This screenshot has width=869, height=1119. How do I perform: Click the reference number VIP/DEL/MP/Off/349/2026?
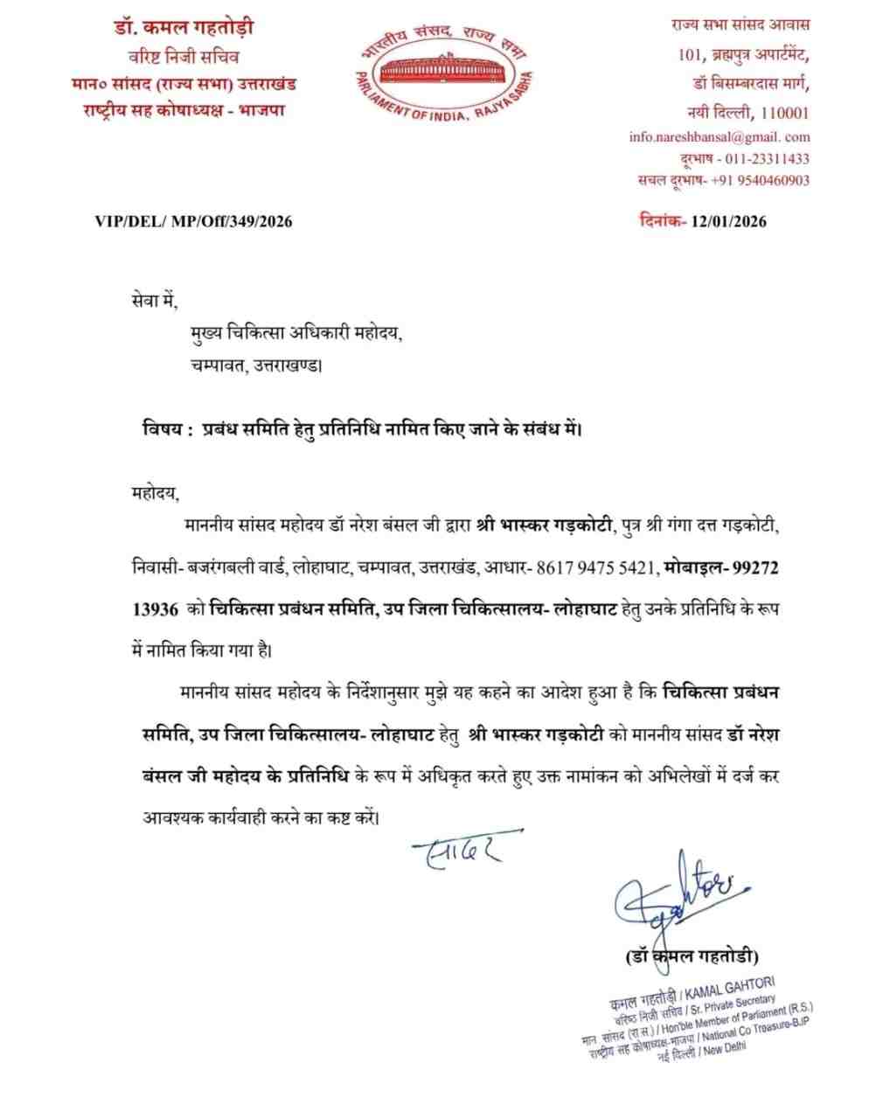[193, 221]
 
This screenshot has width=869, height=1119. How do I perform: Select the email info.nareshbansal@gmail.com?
[719, 136]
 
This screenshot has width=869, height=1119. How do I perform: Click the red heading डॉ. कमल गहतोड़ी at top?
[184, 28]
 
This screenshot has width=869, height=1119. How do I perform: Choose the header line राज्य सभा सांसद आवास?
[740, 27]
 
